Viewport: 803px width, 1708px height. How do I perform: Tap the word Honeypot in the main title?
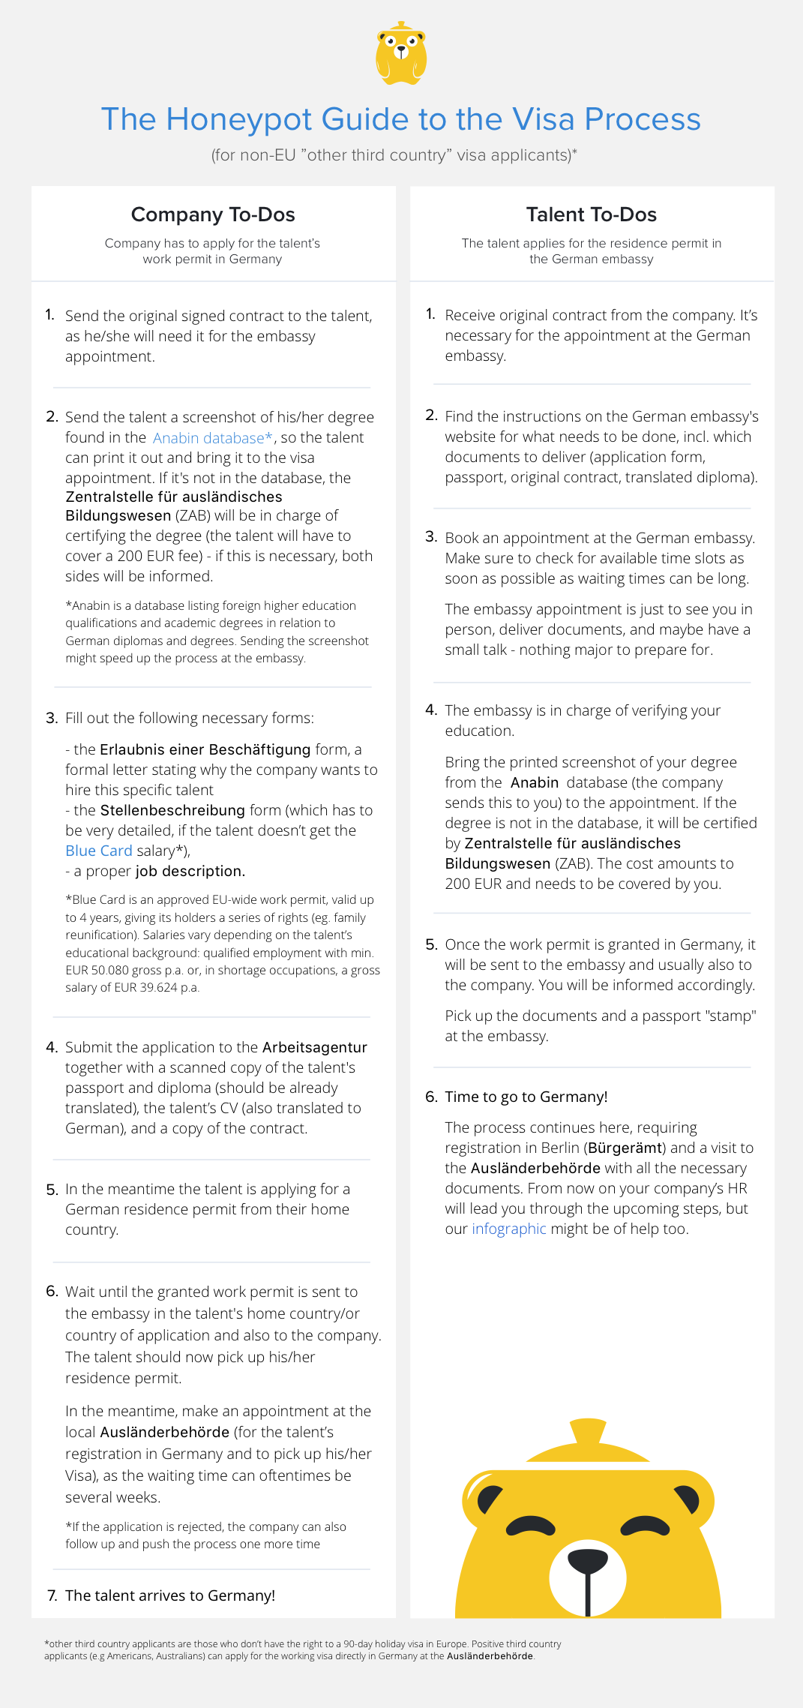[238, 119]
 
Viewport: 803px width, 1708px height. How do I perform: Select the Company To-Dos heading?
[213, 215]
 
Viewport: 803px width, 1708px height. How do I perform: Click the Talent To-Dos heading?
[591, 215]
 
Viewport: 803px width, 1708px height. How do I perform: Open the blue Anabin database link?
[212, 438]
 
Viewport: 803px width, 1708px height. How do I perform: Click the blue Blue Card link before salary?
[98, 851]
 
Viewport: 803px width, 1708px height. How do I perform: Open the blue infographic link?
[508, 1229]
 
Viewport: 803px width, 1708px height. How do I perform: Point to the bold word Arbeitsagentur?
[314, 1047]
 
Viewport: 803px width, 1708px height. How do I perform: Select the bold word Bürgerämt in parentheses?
[625, 1148]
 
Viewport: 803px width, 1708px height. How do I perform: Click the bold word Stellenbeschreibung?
[172, 810]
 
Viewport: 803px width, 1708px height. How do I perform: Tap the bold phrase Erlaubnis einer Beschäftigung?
[205, 749]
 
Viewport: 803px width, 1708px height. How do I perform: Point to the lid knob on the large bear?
[587, 1431]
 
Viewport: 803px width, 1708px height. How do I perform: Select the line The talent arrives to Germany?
[169, 1595]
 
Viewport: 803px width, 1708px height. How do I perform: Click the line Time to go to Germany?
[526, 1097]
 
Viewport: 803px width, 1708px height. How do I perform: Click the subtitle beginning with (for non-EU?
[394, 155]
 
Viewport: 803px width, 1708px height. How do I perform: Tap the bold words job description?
[190, 871]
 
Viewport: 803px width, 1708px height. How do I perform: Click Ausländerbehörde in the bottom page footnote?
[490, 1655]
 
